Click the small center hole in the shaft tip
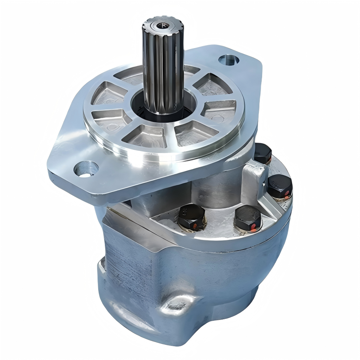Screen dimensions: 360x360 [162, 25]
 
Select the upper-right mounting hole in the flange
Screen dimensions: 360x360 [229, 60]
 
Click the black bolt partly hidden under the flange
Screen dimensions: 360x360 [263, 153]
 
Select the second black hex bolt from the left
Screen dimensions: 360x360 [248, 218]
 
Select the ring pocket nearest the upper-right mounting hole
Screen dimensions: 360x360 [213, 84]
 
